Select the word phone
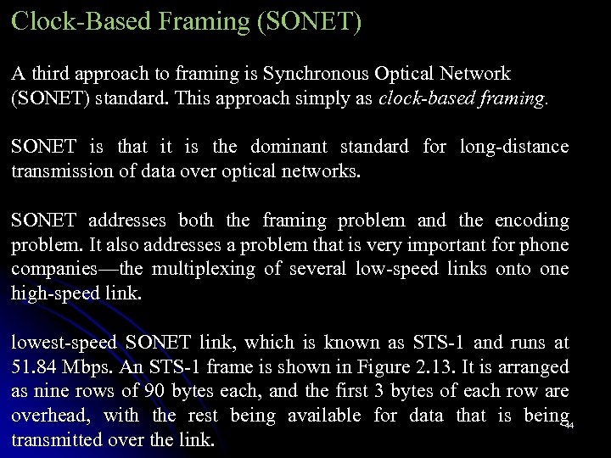[547, 246]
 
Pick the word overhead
[48, 416]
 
